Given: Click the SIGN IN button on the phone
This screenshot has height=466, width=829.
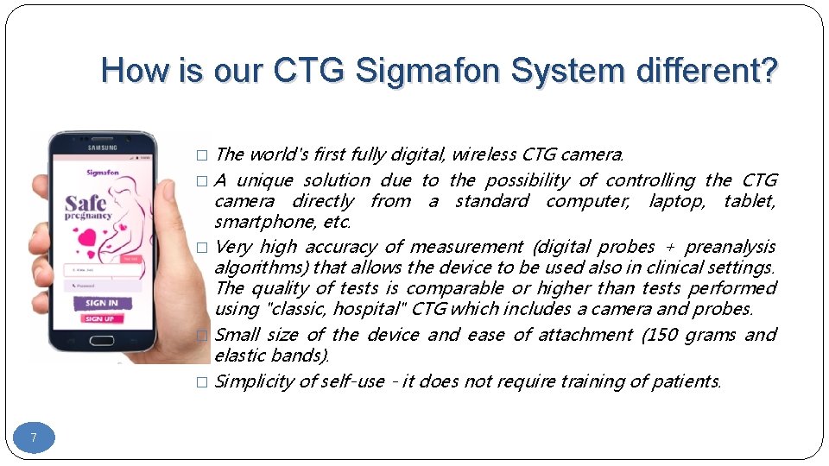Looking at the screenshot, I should [x=102, y=303].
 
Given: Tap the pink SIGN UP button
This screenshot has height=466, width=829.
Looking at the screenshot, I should [x=100, y=318].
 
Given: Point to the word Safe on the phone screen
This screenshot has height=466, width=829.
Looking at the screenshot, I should [x=86, y=204].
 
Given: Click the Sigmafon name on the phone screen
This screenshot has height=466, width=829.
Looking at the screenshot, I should [x=102, y=173].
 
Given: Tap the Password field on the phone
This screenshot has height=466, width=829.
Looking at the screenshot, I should [x=102, y=285].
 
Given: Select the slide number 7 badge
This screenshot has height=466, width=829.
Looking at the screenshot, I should [x=34, y=438].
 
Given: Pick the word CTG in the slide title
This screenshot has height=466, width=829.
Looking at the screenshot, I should [x=307, y=71].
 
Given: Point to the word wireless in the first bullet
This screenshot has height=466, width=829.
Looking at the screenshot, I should [x=484, y=154].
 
